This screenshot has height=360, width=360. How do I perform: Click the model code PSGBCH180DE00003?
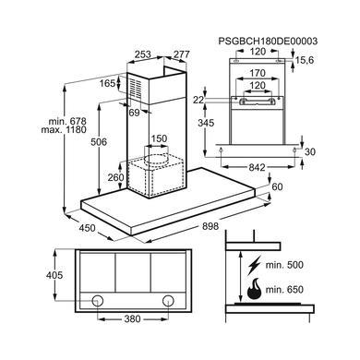[268, 42]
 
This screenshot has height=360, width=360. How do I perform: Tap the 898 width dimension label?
[210, 226]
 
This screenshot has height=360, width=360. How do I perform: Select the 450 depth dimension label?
[88, 228]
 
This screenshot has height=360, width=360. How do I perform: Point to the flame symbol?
[254, 290]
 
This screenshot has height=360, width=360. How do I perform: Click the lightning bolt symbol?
[254, 265]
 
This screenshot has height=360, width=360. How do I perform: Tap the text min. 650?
[284, 290]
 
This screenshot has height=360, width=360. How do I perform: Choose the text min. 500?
[284, 265]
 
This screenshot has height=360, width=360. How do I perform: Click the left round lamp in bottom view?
[98, 300]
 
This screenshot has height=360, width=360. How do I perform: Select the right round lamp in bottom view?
[168, 300]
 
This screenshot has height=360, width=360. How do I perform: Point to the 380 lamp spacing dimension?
[133, 319]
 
